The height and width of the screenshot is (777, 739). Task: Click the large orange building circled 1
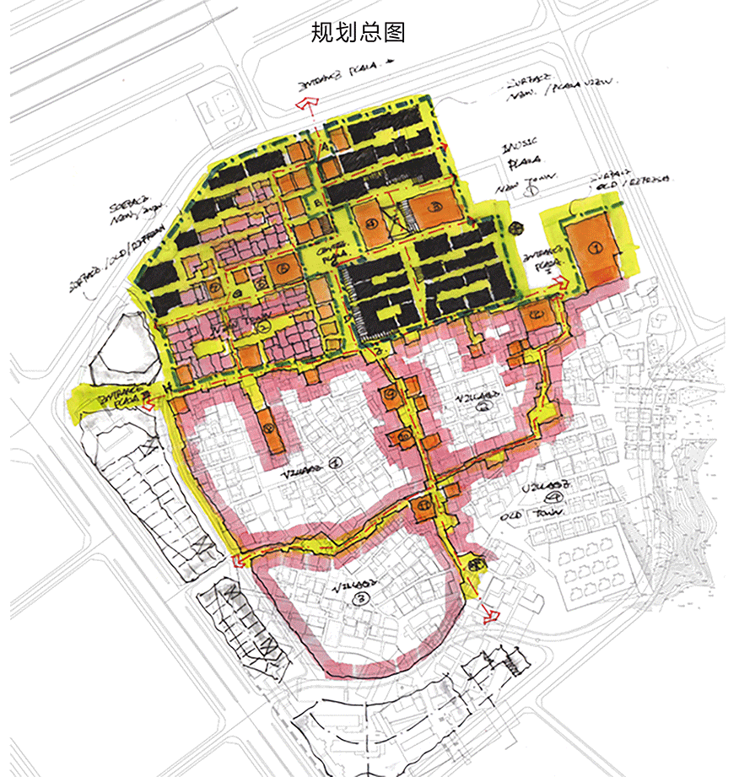[x=593, y=249]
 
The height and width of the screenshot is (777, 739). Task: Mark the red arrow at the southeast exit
[x=490, y=613]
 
